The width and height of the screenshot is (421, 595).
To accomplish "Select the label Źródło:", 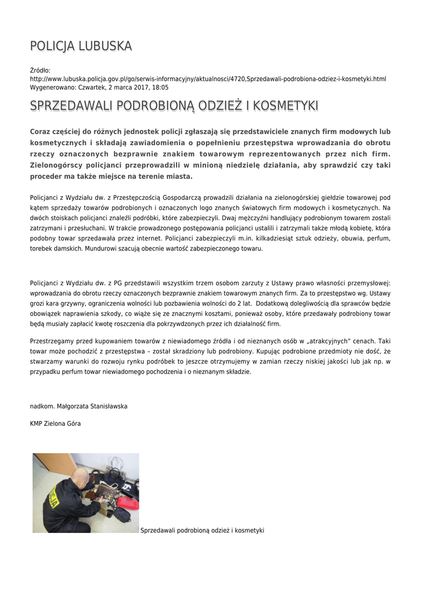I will tap(40, 70).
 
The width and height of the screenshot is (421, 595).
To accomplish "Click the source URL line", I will tap(208, 78).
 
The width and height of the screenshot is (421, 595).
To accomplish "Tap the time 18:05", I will tap(161, 87).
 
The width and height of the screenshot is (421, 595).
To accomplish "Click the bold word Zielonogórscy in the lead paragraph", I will tap(56, 165).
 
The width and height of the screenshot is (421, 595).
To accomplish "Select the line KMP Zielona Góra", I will tap(56, 424).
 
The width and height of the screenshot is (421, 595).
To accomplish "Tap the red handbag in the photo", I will tap(131, 491).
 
